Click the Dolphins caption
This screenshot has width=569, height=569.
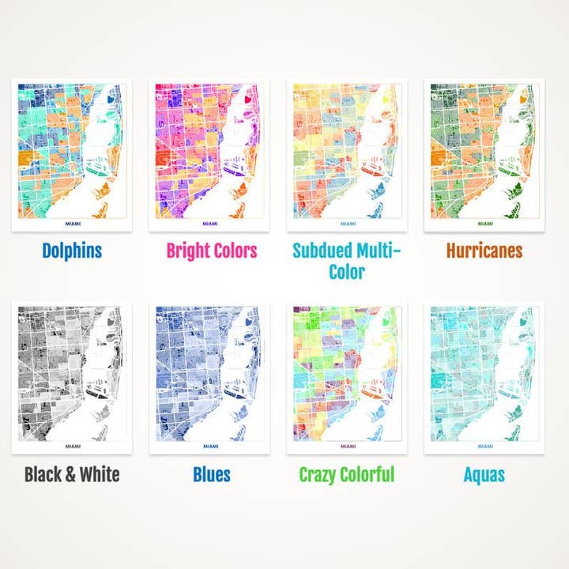click(72, 251)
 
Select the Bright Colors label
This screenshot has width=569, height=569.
click(211, 251)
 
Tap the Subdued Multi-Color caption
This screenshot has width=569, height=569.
click(347, 261)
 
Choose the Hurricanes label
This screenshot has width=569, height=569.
click(484, 251)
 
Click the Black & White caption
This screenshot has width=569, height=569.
click(72, 474)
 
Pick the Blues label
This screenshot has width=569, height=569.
click(212, 474)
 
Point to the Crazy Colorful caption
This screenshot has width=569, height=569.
click(346, 474)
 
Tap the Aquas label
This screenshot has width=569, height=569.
click(484, 474)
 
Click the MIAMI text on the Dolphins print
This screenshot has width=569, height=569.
click(72, 224)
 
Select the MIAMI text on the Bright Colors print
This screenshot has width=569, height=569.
click(210, 224)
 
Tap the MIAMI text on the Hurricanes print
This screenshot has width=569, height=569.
click(484, 224)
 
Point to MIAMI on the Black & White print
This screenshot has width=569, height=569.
click(72, 447)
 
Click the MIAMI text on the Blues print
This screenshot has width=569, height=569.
click(210, 447)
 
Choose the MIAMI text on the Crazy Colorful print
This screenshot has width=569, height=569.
click(347, 447)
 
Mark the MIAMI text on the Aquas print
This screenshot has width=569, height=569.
click(484, 447)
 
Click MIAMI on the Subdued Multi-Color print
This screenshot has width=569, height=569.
click(347, 224)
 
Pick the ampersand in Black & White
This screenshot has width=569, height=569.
click(69, 474)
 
